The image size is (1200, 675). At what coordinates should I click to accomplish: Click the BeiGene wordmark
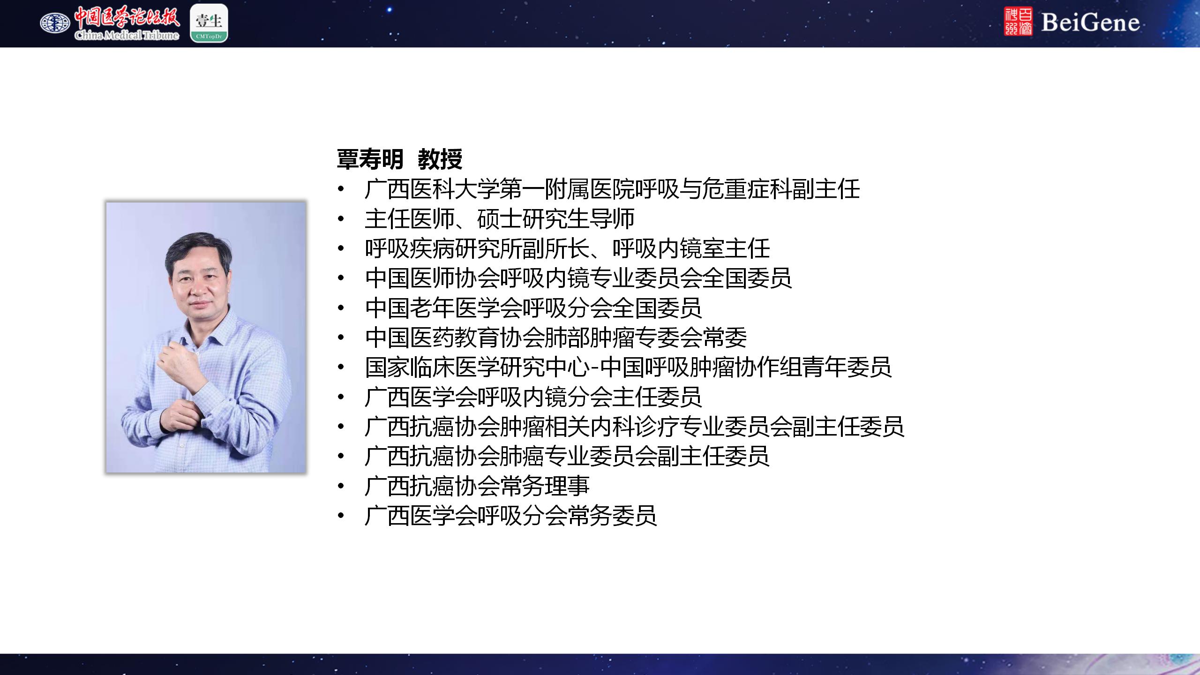point(1090,22)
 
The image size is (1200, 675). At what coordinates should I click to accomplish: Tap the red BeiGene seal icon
point(1018,22)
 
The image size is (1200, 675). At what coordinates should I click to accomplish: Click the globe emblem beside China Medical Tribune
point(55,22)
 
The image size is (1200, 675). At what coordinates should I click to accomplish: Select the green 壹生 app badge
point(209,23)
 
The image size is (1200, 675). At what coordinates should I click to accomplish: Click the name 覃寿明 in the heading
point(370,159)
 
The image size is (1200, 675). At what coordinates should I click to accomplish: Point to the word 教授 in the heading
point(440,159)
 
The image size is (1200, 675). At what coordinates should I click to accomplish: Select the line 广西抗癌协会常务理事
point(477,486)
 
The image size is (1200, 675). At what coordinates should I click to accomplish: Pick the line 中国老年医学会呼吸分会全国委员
point(533,308)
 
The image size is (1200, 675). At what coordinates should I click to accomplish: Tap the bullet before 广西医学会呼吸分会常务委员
point(341,516)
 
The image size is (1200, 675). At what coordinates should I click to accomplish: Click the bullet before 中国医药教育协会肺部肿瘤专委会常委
point(341,338)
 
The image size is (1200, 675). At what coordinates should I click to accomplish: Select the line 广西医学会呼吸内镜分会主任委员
point(533,397)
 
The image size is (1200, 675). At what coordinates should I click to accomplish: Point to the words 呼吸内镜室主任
point(691,248)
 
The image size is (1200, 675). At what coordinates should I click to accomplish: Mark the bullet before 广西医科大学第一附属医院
point(341,189)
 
